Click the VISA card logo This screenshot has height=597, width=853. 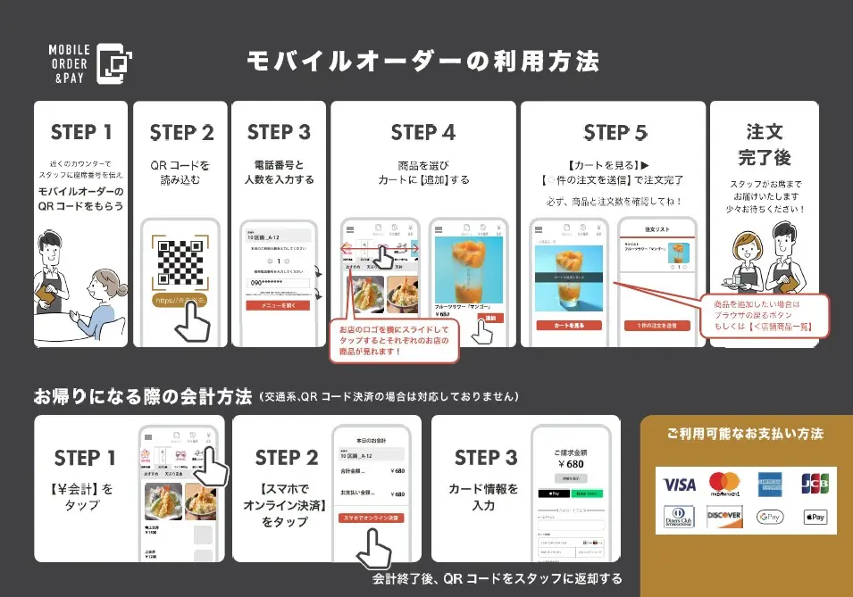click(x=679, y=485)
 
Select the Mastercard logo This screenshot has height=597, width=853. click(x=726, y=484)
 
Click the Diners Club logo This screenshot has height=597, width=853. click(x=680, y=517)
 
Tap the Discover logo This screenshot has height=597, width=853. click(x=724, y=517)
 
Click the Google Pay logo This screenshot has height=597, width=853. click(x=769, y=517)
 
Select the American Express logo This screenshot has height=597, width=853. click(x=770, y=484)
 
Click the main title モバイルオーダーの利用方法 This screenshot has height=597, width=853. click(x=422, y=61)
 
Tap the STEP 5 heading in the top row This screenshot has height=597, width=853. click(x=615, y=133)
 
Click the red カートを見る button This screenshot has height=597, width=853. click(x=569, y=326)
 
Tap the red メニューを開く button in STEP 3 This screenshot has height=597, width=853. click(x=278, y=305)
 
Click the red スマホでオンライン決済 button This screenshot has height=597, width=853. click(x=371, y=518)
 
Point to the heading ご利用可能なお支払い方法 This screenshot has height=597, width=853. click(x=745, y=435)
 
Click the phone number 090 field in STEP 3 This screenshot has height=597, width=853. click(x=278, y=283)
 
